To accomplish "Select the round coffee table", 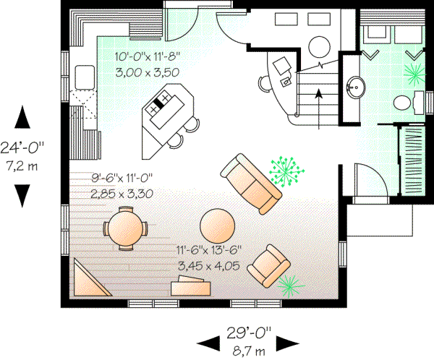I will point(217,226).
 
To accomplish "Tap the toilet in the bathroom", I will point(417,103).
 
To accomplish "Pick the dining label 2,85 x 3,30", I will point(123,193).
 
